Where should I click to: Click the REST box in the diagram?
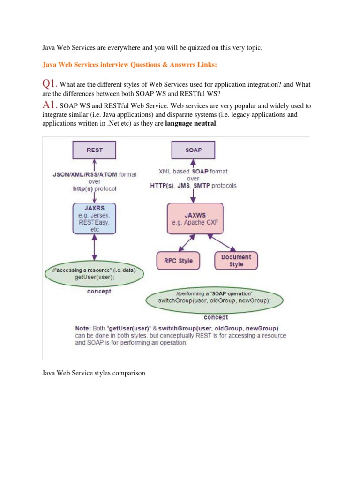(95, 150)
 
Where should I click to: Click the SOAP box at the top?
(193, 150)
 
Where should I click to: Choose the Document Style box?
(236, 261)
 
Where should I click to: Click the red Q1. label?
(50, 84)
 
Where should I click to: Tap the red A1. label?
(50, 106)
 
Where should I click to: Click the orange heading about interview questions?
(129, 66)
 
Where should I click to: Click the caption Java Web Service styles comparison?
(94, 373)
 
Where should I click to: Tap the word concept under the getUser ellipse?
(99, 291)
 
